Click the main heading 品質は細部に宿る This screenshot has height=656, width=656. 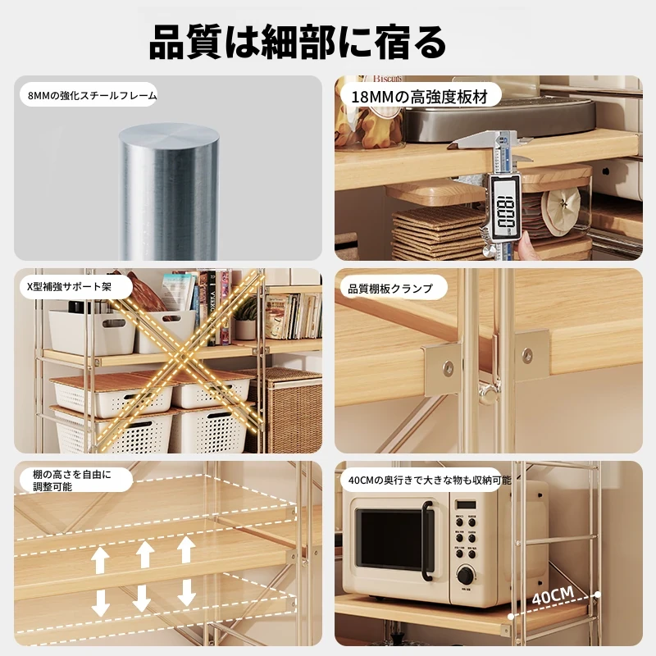pos(298,43)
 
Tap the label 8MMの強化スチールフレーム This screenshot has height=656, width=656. pos(93,96)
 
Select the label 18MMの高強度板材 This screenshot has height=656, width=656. pos(420,97)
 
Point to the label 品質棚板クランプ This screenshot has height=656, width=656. pos(390,289)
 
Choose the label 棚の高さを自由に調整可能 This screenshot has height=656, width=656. pos(72,481)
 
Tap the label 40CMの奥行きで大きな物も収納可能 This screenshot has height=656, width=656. pos(430,481)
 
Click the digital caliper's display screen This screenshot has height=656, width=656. pos(506,207)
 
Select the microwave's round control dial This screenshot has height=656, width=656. pos(465,576)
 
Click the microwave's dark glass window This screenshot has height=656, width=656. pos(391,538)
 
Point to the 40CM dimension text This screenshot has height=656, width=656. pos(553,595)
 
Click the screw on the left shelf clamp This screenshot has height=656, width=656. pos(448,368)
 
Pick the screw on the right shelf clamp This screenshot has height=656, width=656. pos(527,354)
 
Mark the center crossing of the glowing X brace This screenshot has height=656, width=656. pos(182,359)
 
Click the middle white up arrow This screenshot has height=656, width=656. pos(144,554)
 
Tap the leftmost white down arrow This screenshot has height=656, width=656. pos(100,602)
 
